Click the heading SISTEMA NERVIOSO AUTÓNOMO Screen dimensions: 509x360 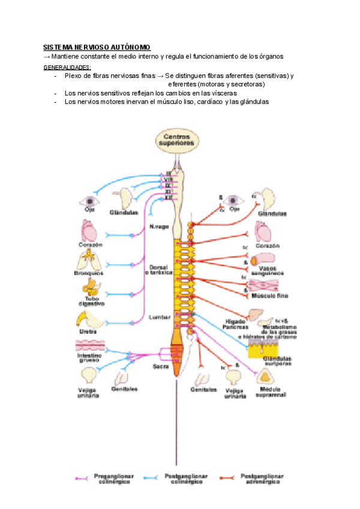click(97, 47)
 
